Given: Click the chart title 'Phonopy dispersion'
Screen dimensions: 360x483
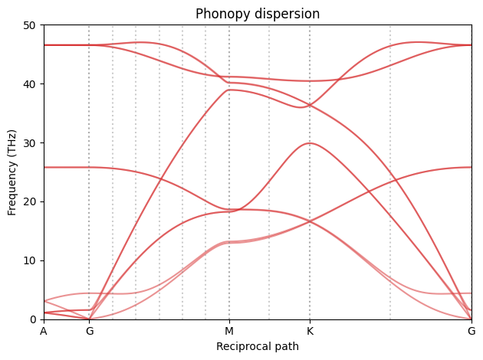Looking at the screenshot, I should pyautogui.click(x=258, y=14).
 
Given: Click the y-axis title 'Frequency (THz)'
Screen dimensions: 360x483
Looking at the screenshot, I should pyautogui.click(x=13, y=172).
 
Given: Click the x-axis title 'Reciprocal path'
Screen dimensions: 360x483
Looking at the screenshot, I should pyautogui.click(x=258, y=346).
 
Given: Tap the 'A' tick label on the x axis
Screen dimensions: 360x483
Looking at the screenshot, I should pyautogui.click(x=44, y=331).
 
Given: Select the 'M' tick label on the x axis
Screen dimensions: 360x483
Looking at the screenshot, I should pyautogui.click(x=228, y=331).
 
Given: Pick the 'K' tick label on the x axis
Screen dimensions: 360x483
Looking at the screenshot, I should pyautogui.click(x=310, y=331).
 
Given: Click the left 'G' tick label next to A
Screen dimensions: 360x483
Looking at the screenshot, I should pyautogui.click(x=90, y=331).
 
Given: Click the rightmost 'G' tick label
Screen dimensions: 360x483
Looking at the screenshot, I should pyautogui.click(x=471, y=331).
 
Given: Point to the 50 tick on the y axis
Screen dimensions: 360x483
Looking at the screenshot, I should pyautogui.click(x=30, y=25).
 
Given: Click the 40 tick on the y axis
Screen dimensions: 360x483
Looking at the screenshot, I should pyautogui.click(x=30, y=84).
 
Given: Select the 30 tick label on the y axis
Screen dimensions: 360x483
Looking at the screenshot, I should pyautogui.click(x=30, y=143).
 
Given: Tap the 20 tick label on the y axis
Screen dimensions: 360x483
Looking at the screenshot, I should pyautogui.click(x=30, y=201).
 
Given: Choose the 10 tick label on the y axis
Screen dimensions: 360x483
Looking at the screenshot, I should pyautogui.click(x=30, y=260).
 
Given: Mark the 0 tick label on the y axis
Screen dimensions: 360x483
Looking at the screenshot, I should pyautogui.click(x=33, y=319).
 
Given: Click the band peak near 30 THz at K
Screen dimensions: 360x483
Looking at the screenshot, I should pyautogui.click(x=310, y=143).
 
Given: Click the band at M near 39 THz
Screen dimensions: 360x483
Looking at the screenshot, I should pyautogui.click(x=228, y=90).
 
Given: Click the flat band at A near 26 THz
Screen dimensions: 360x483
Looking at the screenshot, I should pyautogui.click(x=44, y=167).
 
